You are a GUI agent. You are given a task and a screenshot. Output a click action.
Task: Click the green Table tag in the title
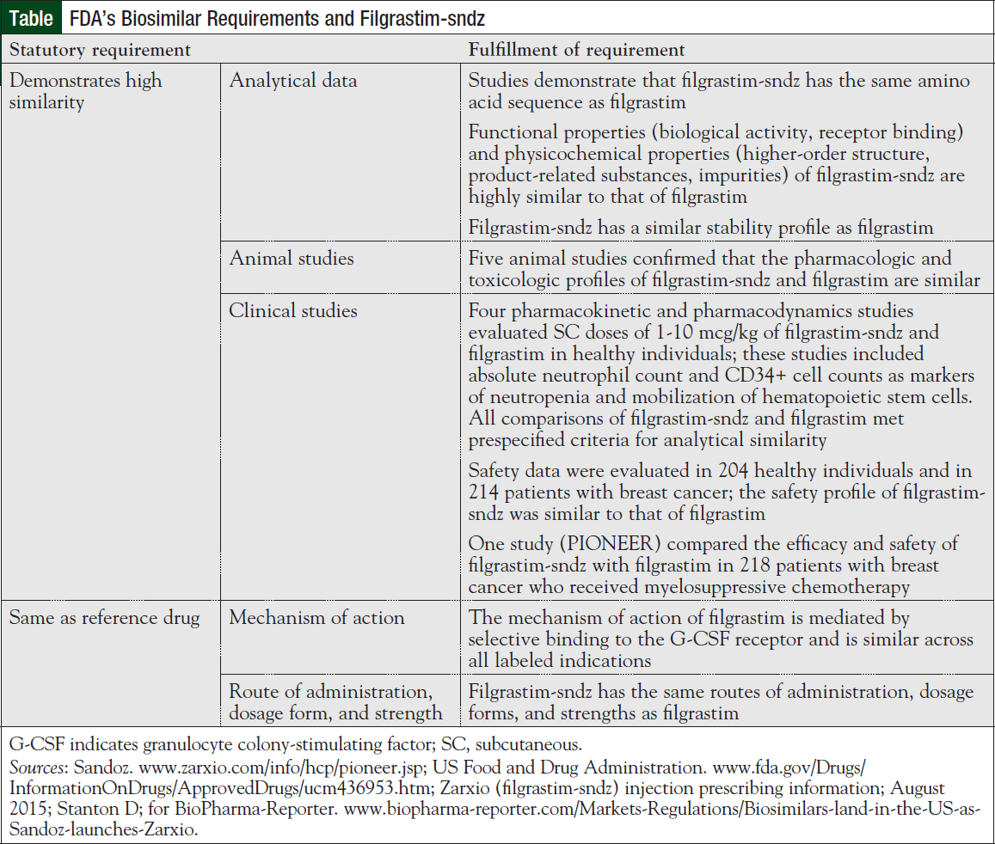pyautogui.click(x=31, y=17)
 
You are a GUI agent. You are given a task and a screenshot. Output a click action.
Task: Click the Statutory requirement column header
pyautogui.click(x=100, y=50)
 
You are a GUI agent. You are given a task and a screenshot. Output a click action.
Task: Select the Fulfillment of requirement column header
pyautogui.click(x=576, y=50)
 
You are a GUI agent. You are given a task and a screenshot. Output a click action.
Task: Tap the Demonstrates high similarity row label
pyautogui.click(x=85, y=92)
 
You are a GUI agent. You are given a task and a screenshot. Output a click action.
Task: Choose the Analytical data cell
pyautogui.click(x=292, y=82)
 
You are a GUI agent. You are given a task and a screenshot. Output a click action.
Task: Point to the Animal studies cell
pyautogui.click(x=291, y=258)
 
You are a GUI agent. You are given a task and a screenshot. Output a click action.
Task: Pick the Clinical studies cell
pyautogui.click(x=292, y=310)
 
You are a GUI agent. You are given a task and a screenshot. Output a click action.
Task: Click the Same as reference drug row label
pyautogui.click(x=104, y=617)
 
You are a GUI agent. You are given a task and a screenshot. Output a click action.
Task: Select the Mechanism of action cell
pyautogui.click(x=317, y=617)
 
